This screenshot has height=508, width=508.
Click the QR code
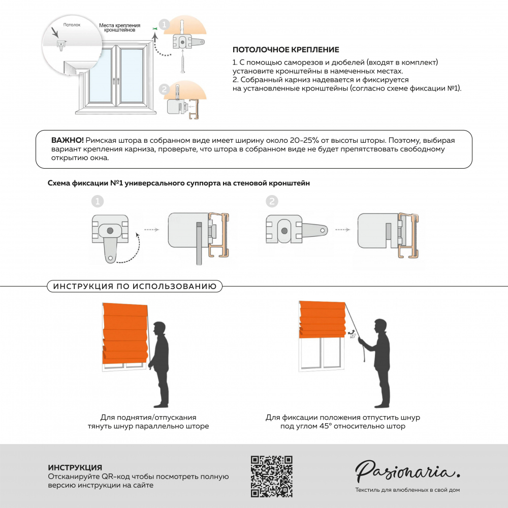(x=272, y=477)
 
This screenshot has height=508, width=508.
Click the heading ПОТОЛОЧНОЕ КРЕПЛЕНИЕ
(x=285, y=50)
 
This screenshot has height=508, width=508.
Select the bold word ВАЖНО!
(x=68, y=140)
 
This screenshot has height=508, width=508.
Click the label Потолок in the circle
(x=72, y=24)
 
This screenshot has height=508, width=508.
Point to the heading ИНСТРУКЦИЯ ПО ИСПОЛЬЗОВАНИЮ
(x=135, y=287)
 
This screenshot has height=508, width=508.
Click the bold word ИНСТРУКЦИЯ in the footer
(x=75, y=467)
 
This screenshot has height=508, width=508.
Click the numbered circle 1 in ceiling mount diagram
(x=164, y=24)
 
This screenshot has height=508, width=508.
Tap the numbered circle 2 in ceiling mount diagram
(x=164, y=89)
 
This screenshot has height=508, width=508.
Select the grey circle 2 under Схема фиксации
(x=272, y=202)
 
